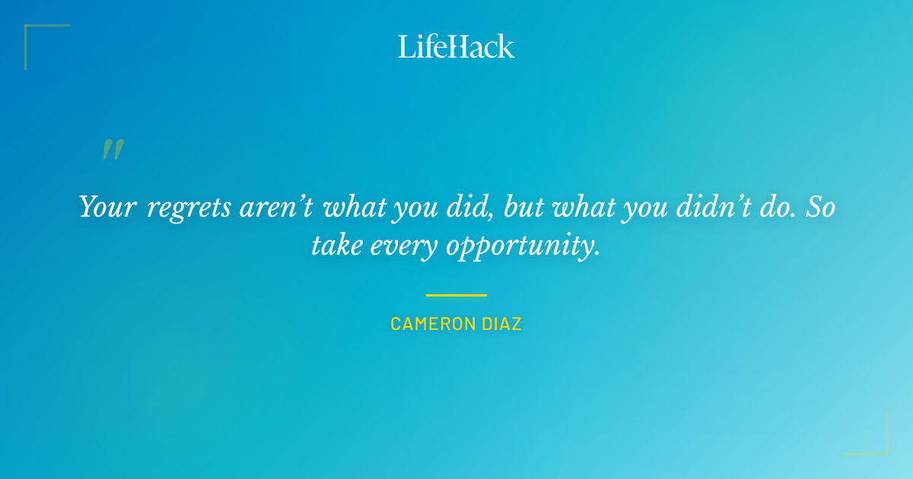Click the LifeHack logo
(456, 46)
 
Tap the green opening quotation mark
(113, 150)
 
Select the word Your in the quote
(107, 207)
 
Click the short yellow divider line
(456, 295)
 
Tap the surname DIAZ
(503, 324)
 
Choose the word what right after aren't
(355, 207)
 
